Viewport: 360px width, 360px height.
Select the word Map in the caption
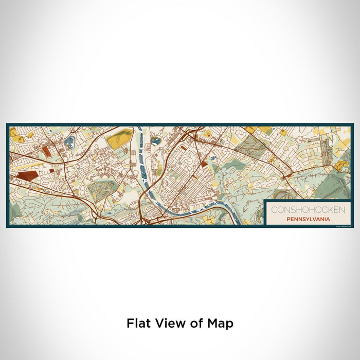point(221,323)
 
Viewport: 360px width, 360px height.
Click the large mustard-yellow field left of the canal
point(119,137)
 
